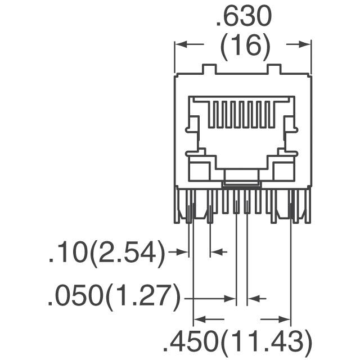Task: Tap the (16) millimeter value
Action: click(244, 48)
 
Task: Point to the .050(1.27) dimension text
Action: click(114, 296)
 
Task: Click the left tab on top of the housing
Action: click(208, 70)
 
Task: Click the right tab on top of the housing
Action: click(274, 70)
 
